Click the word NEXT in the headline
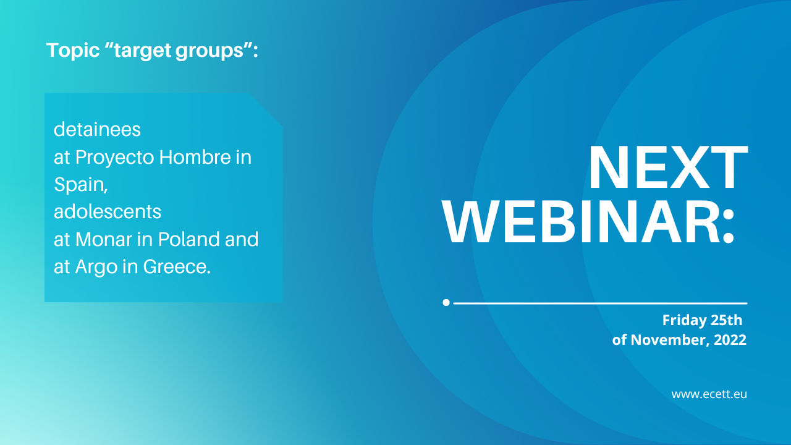[668, 167]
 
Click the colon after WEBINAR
[728, 227]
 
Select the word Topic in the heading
[73, 51]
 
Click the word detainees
[97, 129]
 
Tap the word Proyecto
[114, 158]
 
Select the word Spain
[81, 185]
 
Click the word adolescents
[108, 211]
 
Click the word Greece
[177, 266]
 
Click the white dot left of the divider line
[446, 303]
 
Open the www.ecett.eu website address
[709, 394]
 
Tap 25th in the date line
[726, 320]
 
